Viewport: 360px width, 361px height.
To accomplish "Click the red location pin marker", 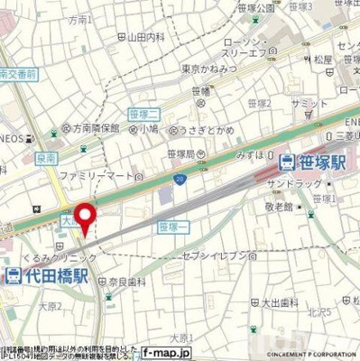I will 85,219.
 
